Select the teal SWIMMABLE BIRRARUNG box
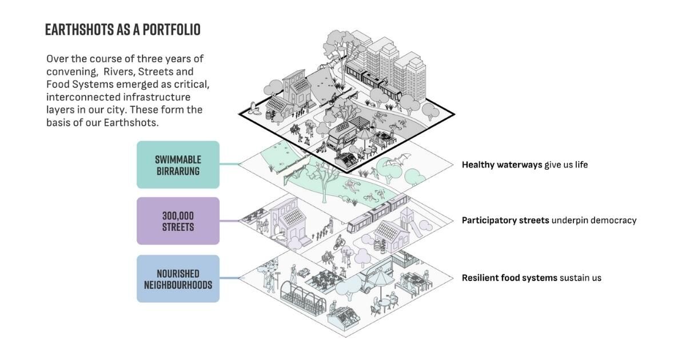pos(178,165)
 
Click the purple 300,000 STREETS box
pos(178,221)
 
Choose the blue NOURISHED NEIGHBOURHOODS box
pos(178,279)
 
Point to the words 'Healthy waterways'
pos(501,165)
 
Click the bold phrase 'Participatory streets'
pos(505,220)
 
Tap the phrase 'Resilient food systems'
pos(509,278)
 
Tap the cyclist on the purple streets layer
pos(340,242)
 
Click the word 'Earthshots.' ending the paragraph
pos(131,122)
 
